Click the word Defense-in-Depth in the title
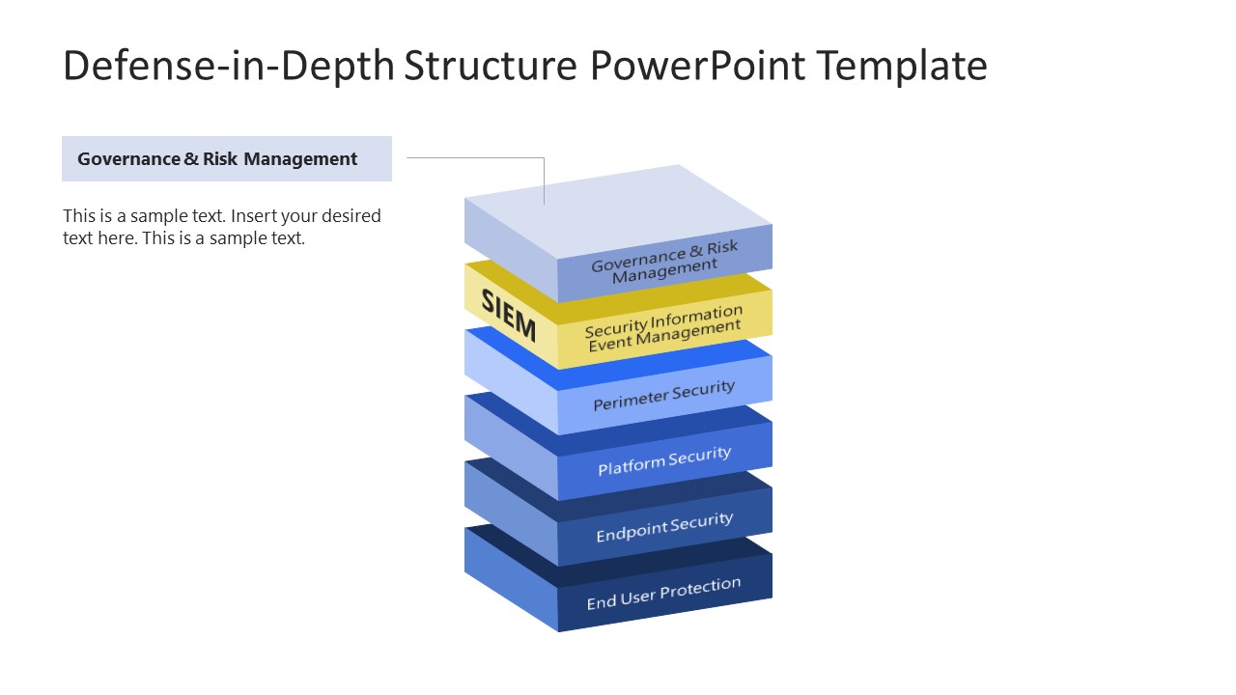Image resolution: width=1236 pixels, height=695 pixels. click(x=228, y=66)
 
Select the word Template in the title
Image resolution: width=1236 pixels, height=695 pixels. click(x=901, y=66)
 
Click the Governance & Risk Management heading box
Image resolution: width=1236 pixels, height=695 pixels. click(x=226, y=159)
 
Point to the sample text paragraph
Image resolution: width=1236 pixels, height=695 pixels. click(x=222, y=227)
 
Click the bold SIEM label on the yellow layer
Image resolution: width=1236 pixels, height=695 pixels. click(x=508, y=314)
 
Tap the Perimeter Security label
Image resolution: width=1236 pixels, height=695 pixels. click(x=663, y=395)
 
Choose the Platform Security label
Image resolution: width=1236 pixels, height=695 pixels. click(x=663, y=460)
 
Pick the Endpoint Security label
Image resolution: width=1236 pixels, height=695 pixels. click(x=663, y=527)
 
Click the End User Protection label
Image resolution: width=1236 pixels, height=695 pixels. click(x=663, y=593)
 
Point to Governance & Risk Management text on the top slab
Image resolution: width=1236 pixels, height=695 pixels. click(x=663, y=262)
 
